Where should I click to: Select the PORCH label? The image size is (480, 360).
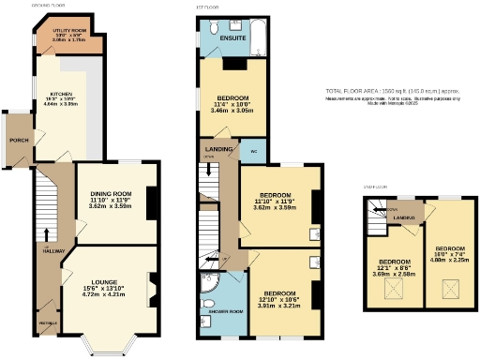[18, 140]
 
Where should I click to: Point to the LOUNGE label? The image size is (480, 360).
[104, 282]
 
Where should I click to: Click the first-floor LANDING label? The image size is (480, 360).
[217, 149]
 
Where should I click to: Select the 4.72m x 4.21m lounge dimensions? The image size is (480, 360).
[104, 294]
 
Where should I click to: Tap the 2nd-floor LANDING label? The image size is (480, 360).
[404, 217]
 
